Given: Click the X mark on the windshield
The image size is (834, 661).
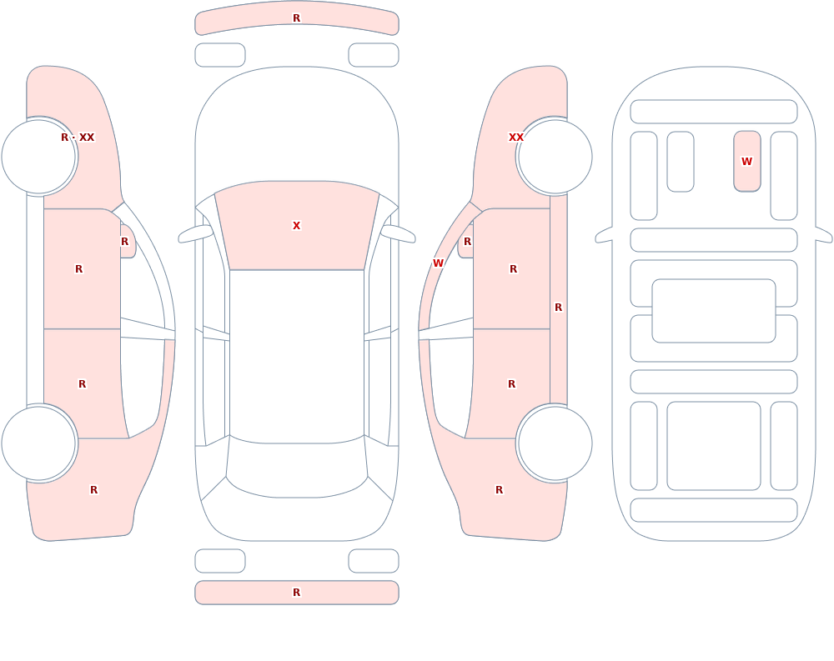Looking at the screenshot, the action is [297, 226].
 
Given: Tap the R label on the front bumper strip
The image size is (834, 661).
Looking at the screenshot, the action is [297, 18].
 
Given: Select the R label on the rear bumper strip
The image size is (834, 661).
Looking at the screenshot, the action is [297, 593].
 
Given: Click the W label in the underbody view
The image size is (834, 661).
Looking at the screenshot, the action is [746, 161].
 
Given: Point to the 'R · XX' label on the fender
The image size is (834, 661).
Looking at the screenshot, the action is [78, 138].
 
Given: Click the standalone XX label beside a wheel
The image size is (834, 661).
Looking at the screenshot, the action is [516, 138].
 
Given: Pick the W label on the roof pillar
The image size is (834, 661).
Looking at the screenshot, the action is [439, 263].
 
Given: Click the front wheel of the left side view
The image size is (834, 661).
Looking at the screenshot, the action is [39, 157].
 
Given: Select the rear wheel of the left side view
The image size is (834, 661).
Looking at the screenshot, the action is [39, 443].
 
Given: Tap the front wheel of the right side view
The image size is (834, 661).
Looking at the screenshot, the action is [555, 157].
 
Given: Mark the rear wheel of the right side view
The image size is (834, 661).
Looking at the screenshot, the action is [555, 443].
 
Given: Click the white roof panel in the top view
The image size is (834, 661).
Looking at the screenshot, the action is [297, 356].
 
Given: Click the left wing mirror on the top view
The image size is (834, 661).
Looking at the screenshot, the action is [194, 234].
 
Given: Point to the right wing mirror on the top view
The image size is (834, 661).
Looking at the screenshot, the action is [399, 234].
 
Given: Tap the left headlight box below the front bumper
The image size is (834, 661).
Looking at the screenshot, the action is [220, 55].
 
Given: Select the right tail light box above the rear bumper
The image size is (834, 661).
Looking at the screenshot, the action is [374, 561].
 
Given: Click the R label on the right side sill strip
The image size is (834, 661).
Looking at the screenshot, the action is [559, 308].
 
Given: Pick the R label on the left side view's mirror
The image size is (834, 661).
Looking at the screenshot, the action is [124, 242].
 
